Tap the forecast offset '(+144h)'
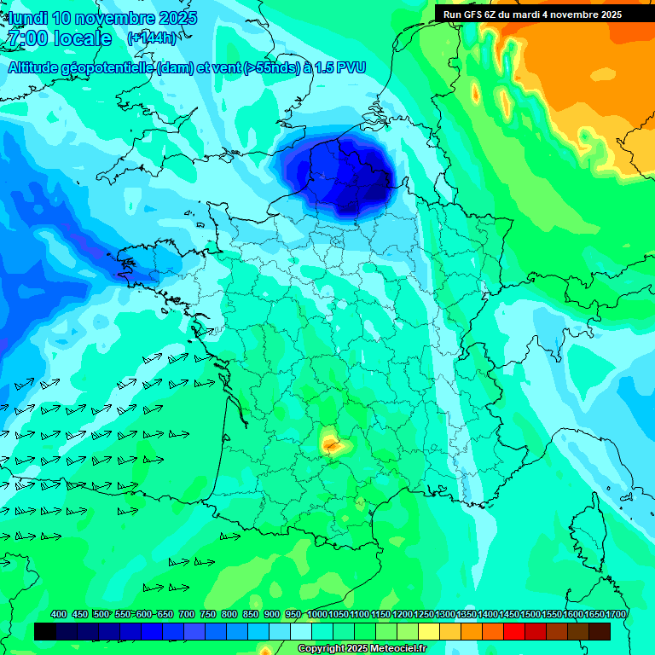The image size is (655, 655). pos(152,38)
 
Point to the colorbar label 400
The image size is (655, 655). pos(59,614)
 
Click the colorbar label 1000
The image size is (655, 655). pos(316,614)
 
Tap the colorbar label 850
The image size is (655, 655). pos(251,614)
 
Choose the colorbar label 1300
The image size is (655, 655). pos(445,614)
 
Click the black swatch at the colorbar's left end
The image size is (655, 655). pos(46,631)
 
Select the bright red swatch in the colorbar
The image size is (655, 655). pos(514,631)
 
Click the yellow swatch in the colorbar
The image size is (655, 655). pos(429,631)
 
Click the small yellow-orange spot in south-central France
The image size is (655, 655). pos(331,443)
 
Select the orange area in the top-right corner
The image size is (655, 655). pos(597,77)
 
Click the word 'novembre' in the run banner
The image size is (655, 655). pos(571,14)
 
